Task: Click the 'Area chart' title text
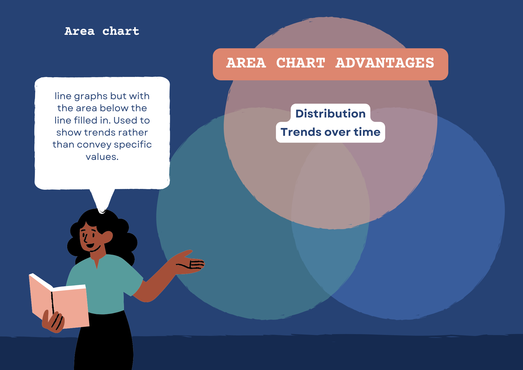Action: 102,31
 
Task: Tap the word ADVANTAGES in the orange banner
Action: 385,63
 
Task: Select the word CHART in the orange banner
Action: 301,63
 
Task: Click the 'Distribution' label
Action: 331,114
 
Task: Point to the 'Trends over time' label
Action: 331,132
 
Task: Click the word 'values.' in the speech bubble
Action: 102,157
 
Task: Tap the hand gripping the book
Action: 54,321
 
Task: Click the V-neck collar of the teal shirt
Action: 97,262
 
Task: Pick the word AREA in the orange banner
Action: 246,63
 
